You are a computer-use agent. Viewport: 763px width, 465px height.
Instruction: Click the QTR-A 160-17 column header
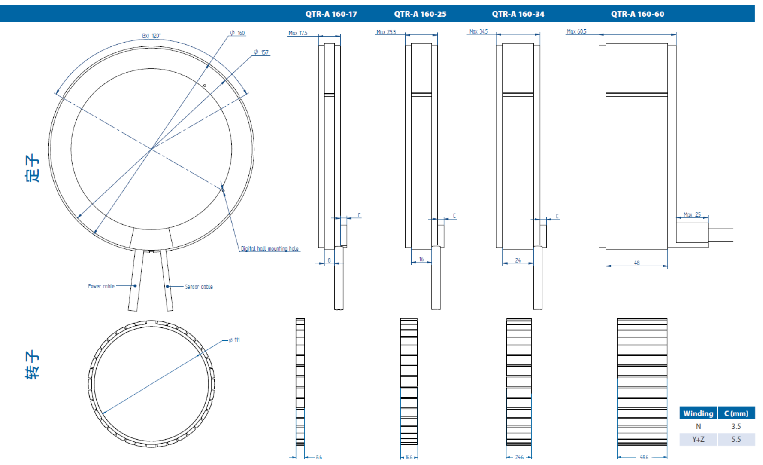click(331, 14)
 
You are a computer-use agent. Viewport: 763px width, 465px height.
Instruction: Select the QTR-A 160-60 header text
click(637, 14)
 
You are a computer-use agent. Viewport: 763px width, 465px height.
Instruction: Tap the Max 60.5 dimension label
click(576, 31)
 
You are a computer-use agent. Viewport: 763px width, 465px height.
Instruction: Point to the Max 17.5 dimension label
click(298, 33)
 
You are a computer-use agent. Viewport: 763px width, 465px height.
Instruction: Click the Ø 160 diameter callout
click(237, 33)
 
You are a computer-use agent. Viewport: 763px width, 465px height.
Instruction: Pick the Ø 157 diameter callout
click(261, 52)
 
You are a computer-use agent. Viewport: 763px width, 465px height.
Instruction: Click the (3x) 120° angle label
click(151, 36)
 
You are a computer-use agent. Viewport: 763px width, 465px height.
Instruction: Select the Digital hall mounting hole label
click(269, 248)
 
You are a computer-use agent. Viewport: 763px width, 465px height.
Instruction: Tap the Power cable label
click(101, 286)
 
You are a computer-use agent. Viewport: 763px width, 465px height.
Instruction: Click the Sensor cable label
click(199, 287)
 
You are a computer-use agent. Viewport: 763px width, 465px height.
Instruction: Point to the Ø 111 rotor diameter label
click(234, 340)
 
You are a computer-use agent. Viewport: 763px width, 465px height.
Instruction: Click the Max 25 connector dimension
click(692, 214)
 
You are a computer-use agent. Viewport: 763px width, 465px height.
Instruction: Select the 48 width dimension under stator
click(637, 263)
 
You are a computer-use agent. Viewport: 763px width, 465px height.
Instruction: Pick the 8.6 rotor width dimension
click(319, 457)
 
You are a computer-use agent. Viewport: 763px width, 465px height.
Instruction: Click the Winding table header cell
click(698, 413)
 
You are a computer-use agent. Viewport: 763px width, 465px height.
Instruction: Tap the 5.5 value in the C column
click(736, 439)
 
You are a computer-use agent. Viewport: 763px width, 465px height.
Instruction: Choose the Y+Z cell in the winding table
click(698, 439)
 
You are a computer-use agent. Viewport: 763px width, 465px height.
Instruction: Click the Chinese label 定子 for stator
click(33, 168)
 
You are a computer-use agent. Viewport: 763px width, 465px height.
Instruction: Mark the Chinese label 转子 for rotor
click(33, 364)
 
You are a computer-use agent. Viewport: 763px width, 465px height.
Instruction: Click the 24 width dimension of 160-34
click(518, 260)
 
